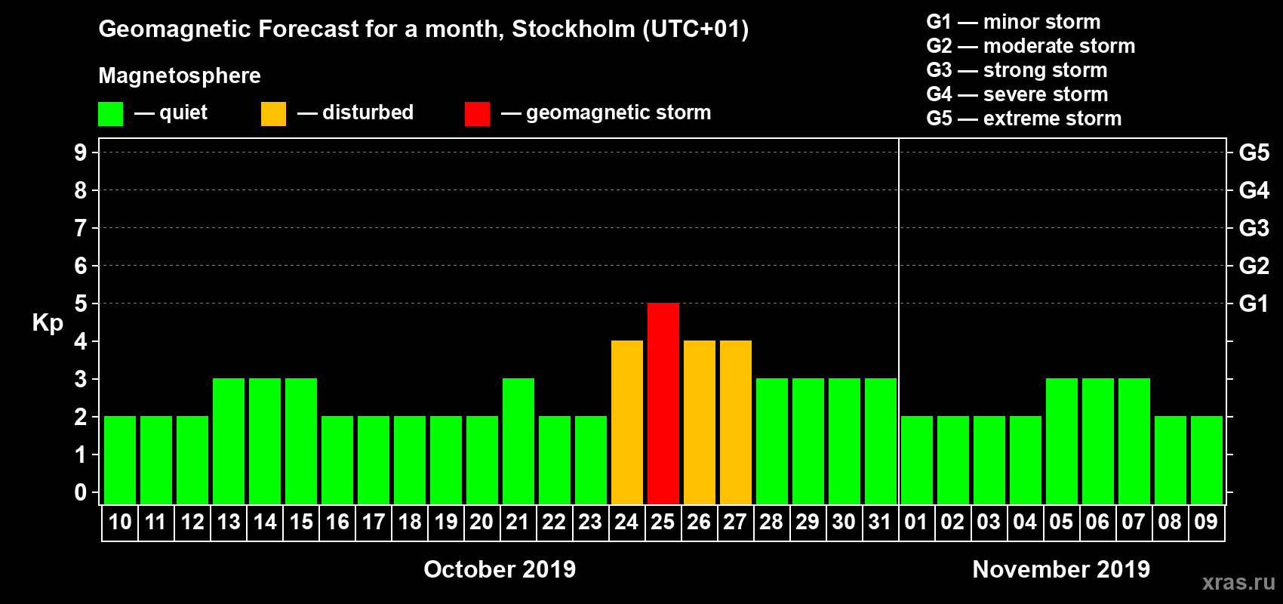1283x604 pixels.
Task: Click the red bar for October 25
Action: tap(663, 403)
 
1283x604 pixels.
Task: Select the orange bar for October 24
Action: tap(627, 422)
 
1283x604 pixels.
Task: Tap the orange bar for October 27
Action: tap(736, 422)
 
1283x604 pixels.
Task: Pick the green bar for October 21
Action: tap(518, 441)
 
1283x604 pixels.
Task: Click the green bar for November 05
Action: tap(1062, 441)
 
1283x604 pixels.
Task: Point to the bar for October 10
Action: tap(120, 460)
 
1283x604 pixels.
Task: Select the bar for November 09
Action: tap(1207, 460)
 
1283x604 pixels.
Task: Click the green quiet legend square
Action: tap(111, 114)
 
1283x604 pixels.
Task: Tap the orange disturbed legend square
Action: tap(273, 114)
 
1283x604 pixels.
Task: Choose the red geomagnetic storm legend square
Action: tap(477, 114)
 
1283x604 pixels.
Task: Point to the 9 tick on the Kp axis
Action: tap(81, 153)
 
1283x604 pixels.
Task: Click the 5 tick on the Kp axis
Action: tap(81, 304)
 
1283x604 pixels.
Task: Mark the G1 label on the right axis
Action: tap(1254, 304)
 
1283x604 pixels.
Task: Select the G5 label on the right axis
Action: tap(1254, 153)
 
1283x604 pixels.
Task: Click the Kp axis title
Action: tap(48, 322)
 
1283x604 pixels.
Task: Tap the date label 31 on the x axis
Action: tap(880, 522)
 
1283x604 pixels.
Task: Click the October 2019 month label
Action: tap(500, 569)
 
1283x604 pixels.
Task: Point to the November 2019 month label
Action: tap(1061, 569)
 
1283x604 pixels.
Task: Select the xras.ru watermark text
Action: tap(1238, 582)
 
